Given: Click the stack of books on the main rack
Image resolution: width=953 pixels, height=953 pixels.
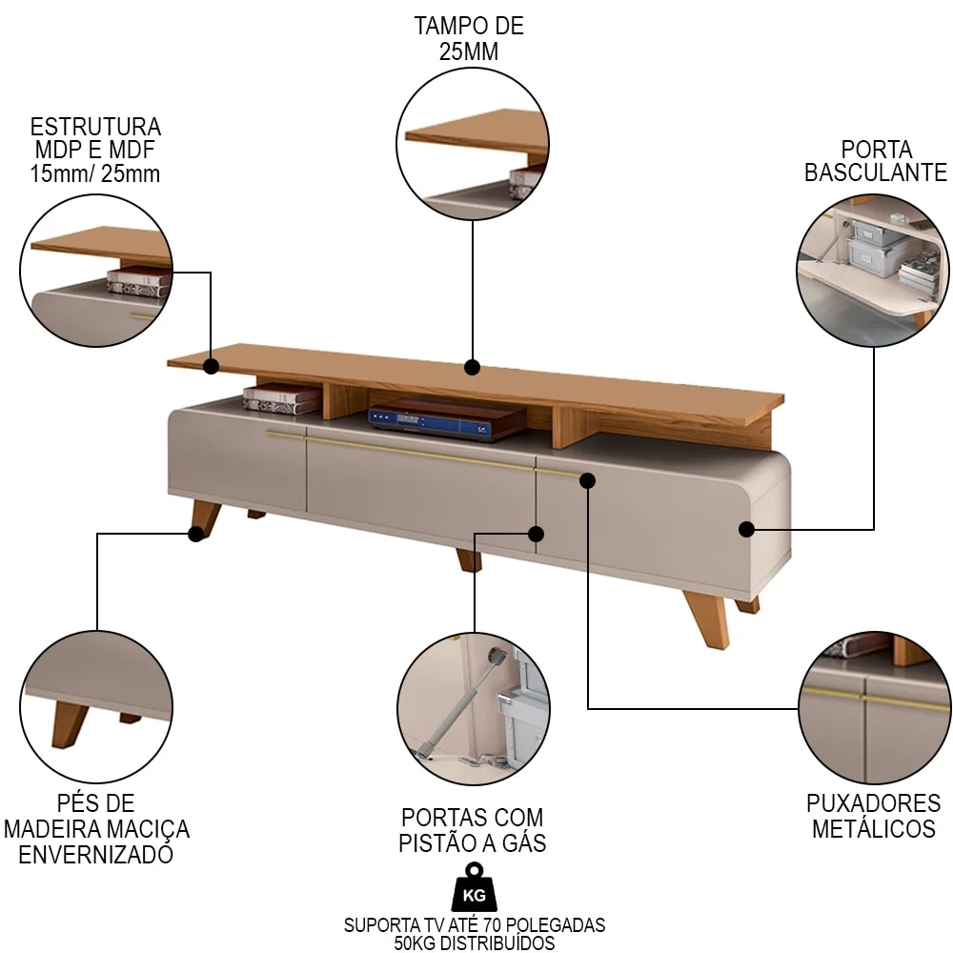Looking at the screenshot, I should (281, 397).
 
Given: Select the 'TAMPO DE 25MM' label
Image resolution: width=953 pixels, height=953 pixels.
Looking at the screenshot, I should (469, 38).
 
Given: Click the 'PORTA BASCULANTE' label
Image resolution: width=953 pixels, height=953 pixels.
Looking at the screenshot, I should (875, 161).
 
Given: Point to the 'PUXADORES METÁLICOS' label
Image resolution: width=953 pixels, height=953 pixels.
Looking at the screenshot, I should (873, 816).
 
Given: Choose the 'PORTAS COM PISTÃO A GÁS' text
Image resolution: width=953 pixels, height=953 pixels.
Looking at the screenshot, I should (474, 829).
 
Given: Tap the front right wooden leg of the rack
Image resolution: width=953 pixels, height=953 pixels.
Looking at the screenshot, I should (707, 617).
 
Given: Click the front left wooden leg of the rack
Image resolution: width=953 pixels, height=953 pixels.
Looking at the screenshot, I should (205, 518).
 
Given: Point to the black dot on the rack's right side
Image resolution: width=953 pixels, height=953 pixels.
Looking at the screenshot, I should (746, 528).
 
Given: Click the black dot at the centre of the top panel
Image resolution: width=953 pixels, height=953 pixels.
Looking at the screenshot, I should (471, 367).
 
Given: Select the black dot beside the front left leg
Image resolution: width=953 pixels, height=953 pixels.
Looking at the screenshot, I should (195, 534).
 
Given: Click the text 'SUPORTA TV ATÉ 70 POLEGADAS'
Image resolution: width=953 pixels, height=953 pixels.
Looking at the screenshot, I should (474, 924).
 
